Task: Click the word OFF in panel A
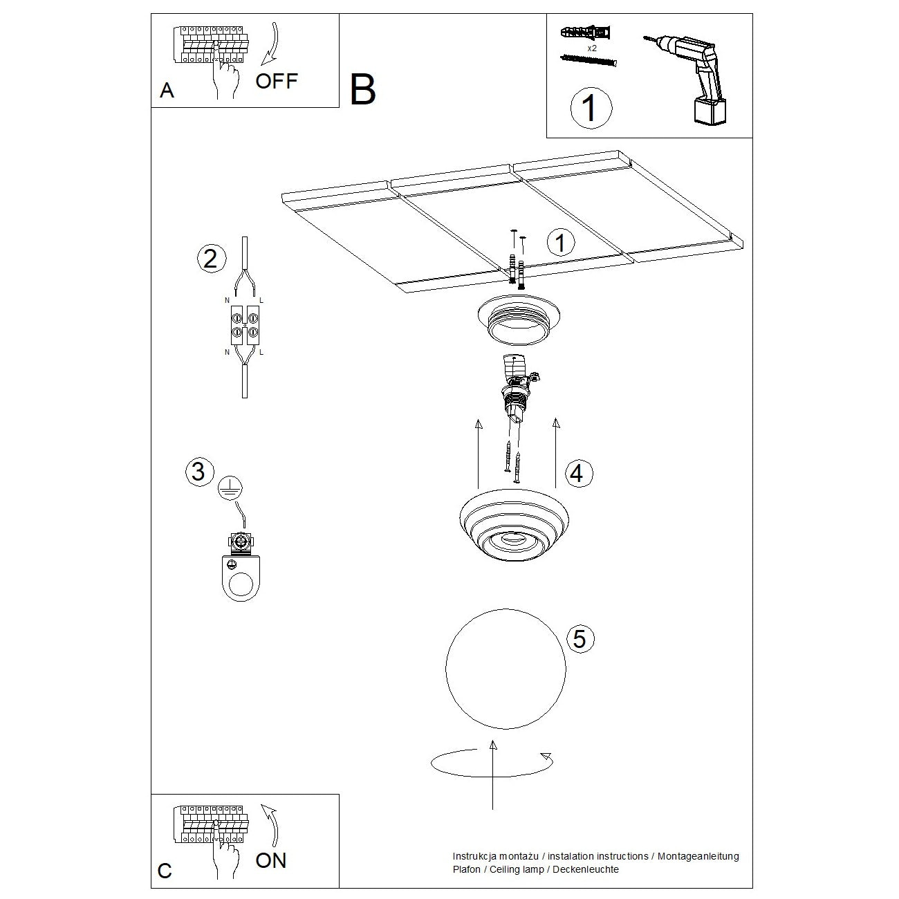[277, 81]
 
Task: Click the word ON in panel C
[270, 860]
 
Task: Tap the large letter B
[363, 90]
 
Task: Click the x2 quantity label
[592, 48]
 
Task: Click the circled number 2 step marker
[211, 258]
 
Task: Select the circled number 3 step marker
[198, 472]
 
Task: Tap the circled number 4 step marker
[579, 474]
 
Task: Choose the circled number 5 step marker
[580, 638]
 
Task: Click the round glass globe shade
[506, 668]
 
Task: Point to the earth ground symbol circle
[229, 488]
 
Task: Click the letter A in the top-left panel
[167, 91]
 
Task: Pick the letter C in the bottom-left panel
[165, 871]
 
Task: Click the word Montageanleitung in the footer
[698, 856]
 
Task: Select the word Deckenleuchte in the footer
[588, 869]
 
